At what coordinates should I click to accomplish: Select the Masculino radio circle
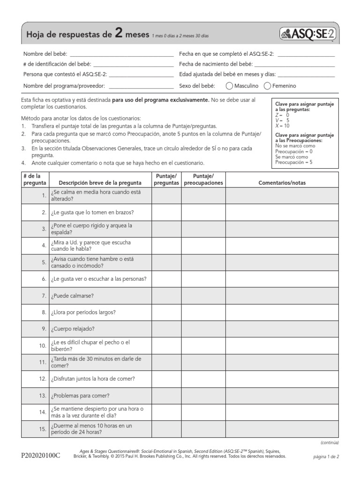tap(229, 86)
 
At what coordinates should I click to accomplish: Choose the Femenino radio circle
tap(268, 86)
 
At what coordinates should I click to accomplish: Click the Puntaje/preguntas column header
tap(165, 180)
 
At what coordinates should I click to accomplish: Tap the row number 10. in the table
tap(42, 345)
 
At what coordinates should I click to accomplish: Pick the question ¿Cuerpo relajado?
tap(73, 329)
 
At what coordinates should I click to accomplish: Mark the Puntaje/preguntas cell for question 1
tap(165, 195)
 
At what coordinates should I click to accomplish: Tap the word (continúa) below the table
tap(330, 442)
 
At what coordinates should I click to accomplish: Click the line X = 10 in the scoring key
tap(283, 126)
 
